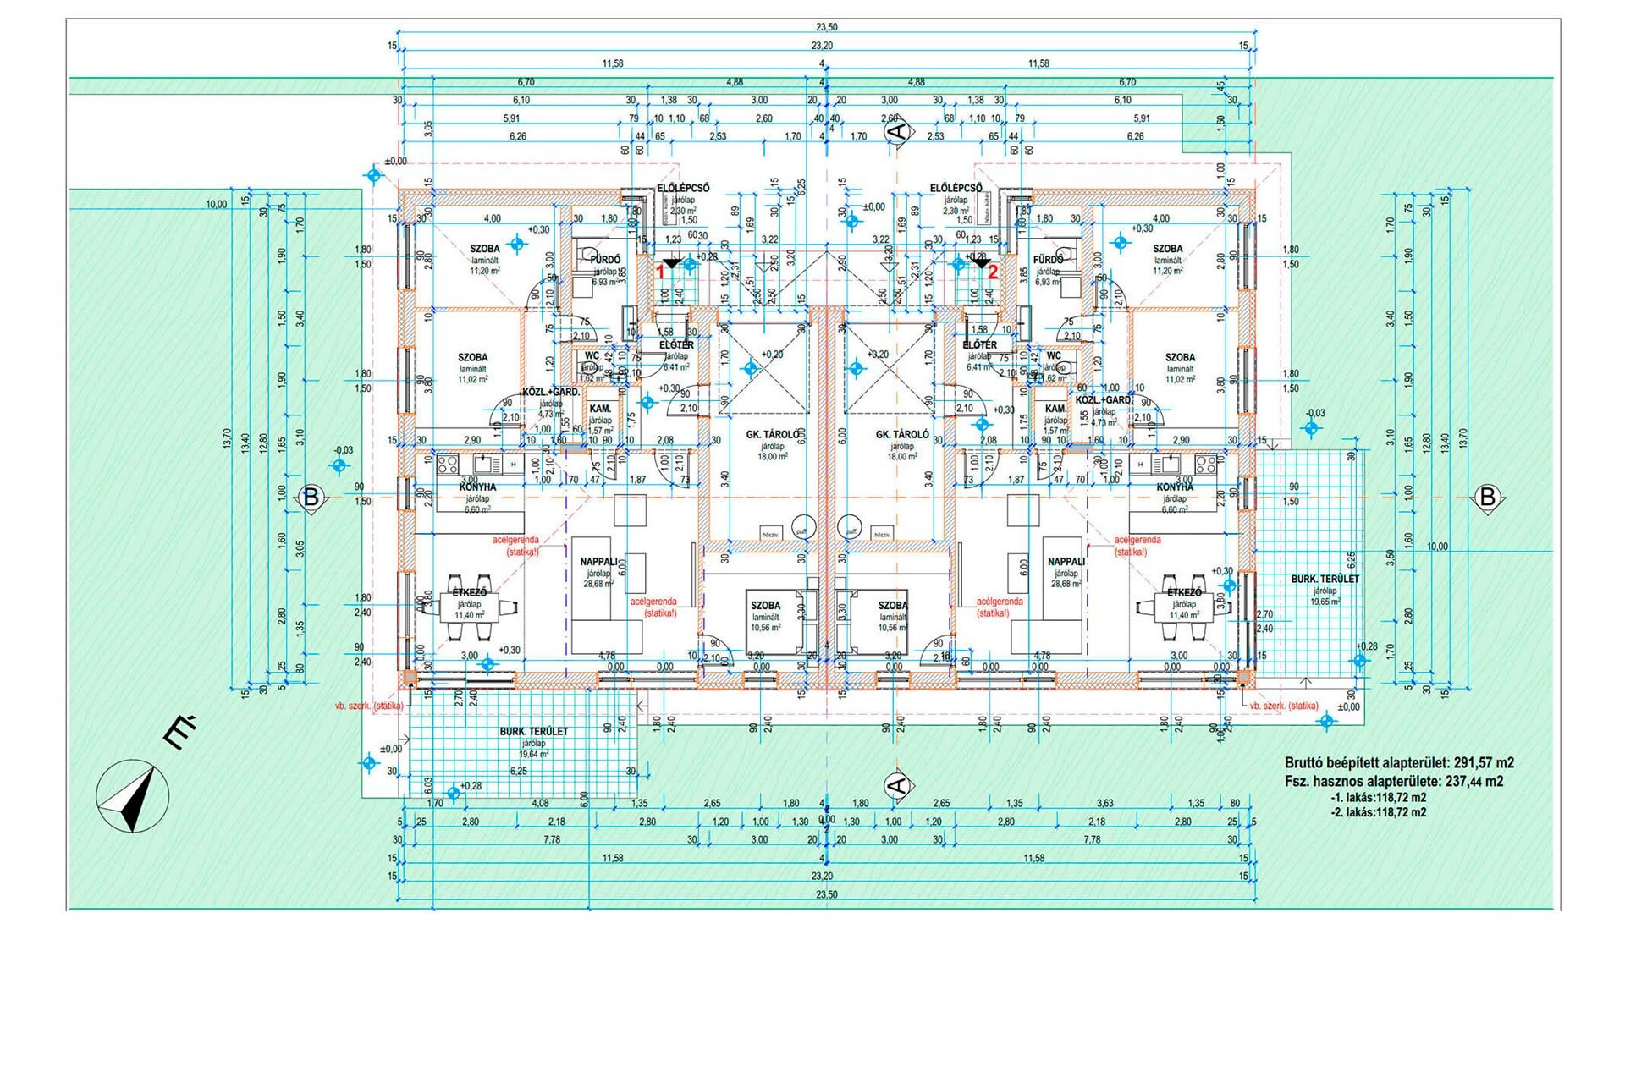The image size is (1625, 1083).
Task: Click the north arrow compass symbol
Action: [x=132, y=798]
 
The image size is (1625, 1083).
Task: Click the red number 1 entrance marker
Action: [x=660, y=272]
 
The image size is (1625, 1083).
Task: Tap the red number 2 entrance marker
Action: [x=993, y=272]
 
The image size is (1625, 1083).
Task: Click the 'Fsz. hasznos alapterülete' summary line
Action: [x=1393, y=782]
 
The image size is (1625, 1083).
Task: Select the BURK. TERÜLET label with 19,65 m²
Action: [x=1325, y=580]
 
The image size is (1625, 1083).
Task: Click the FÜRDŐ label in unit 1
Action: [x=606, y=260]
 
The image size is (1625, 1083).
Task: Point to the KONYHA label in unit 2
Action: [x=1175, y=487]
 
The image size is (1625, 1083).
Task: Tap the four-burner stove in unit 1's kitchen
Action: [x=447, y=464]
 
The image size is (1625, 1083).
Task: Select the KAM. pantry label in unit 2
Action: [x=1055, y=409]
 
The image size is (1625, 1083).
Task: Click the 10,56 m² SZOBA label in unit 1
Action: [x=765, y=606]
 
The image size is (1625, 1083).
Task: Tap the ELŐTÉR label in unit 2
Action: [x=980, y=345]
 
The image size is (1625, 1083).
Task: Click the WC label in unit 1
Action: [x=592, y=356]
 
